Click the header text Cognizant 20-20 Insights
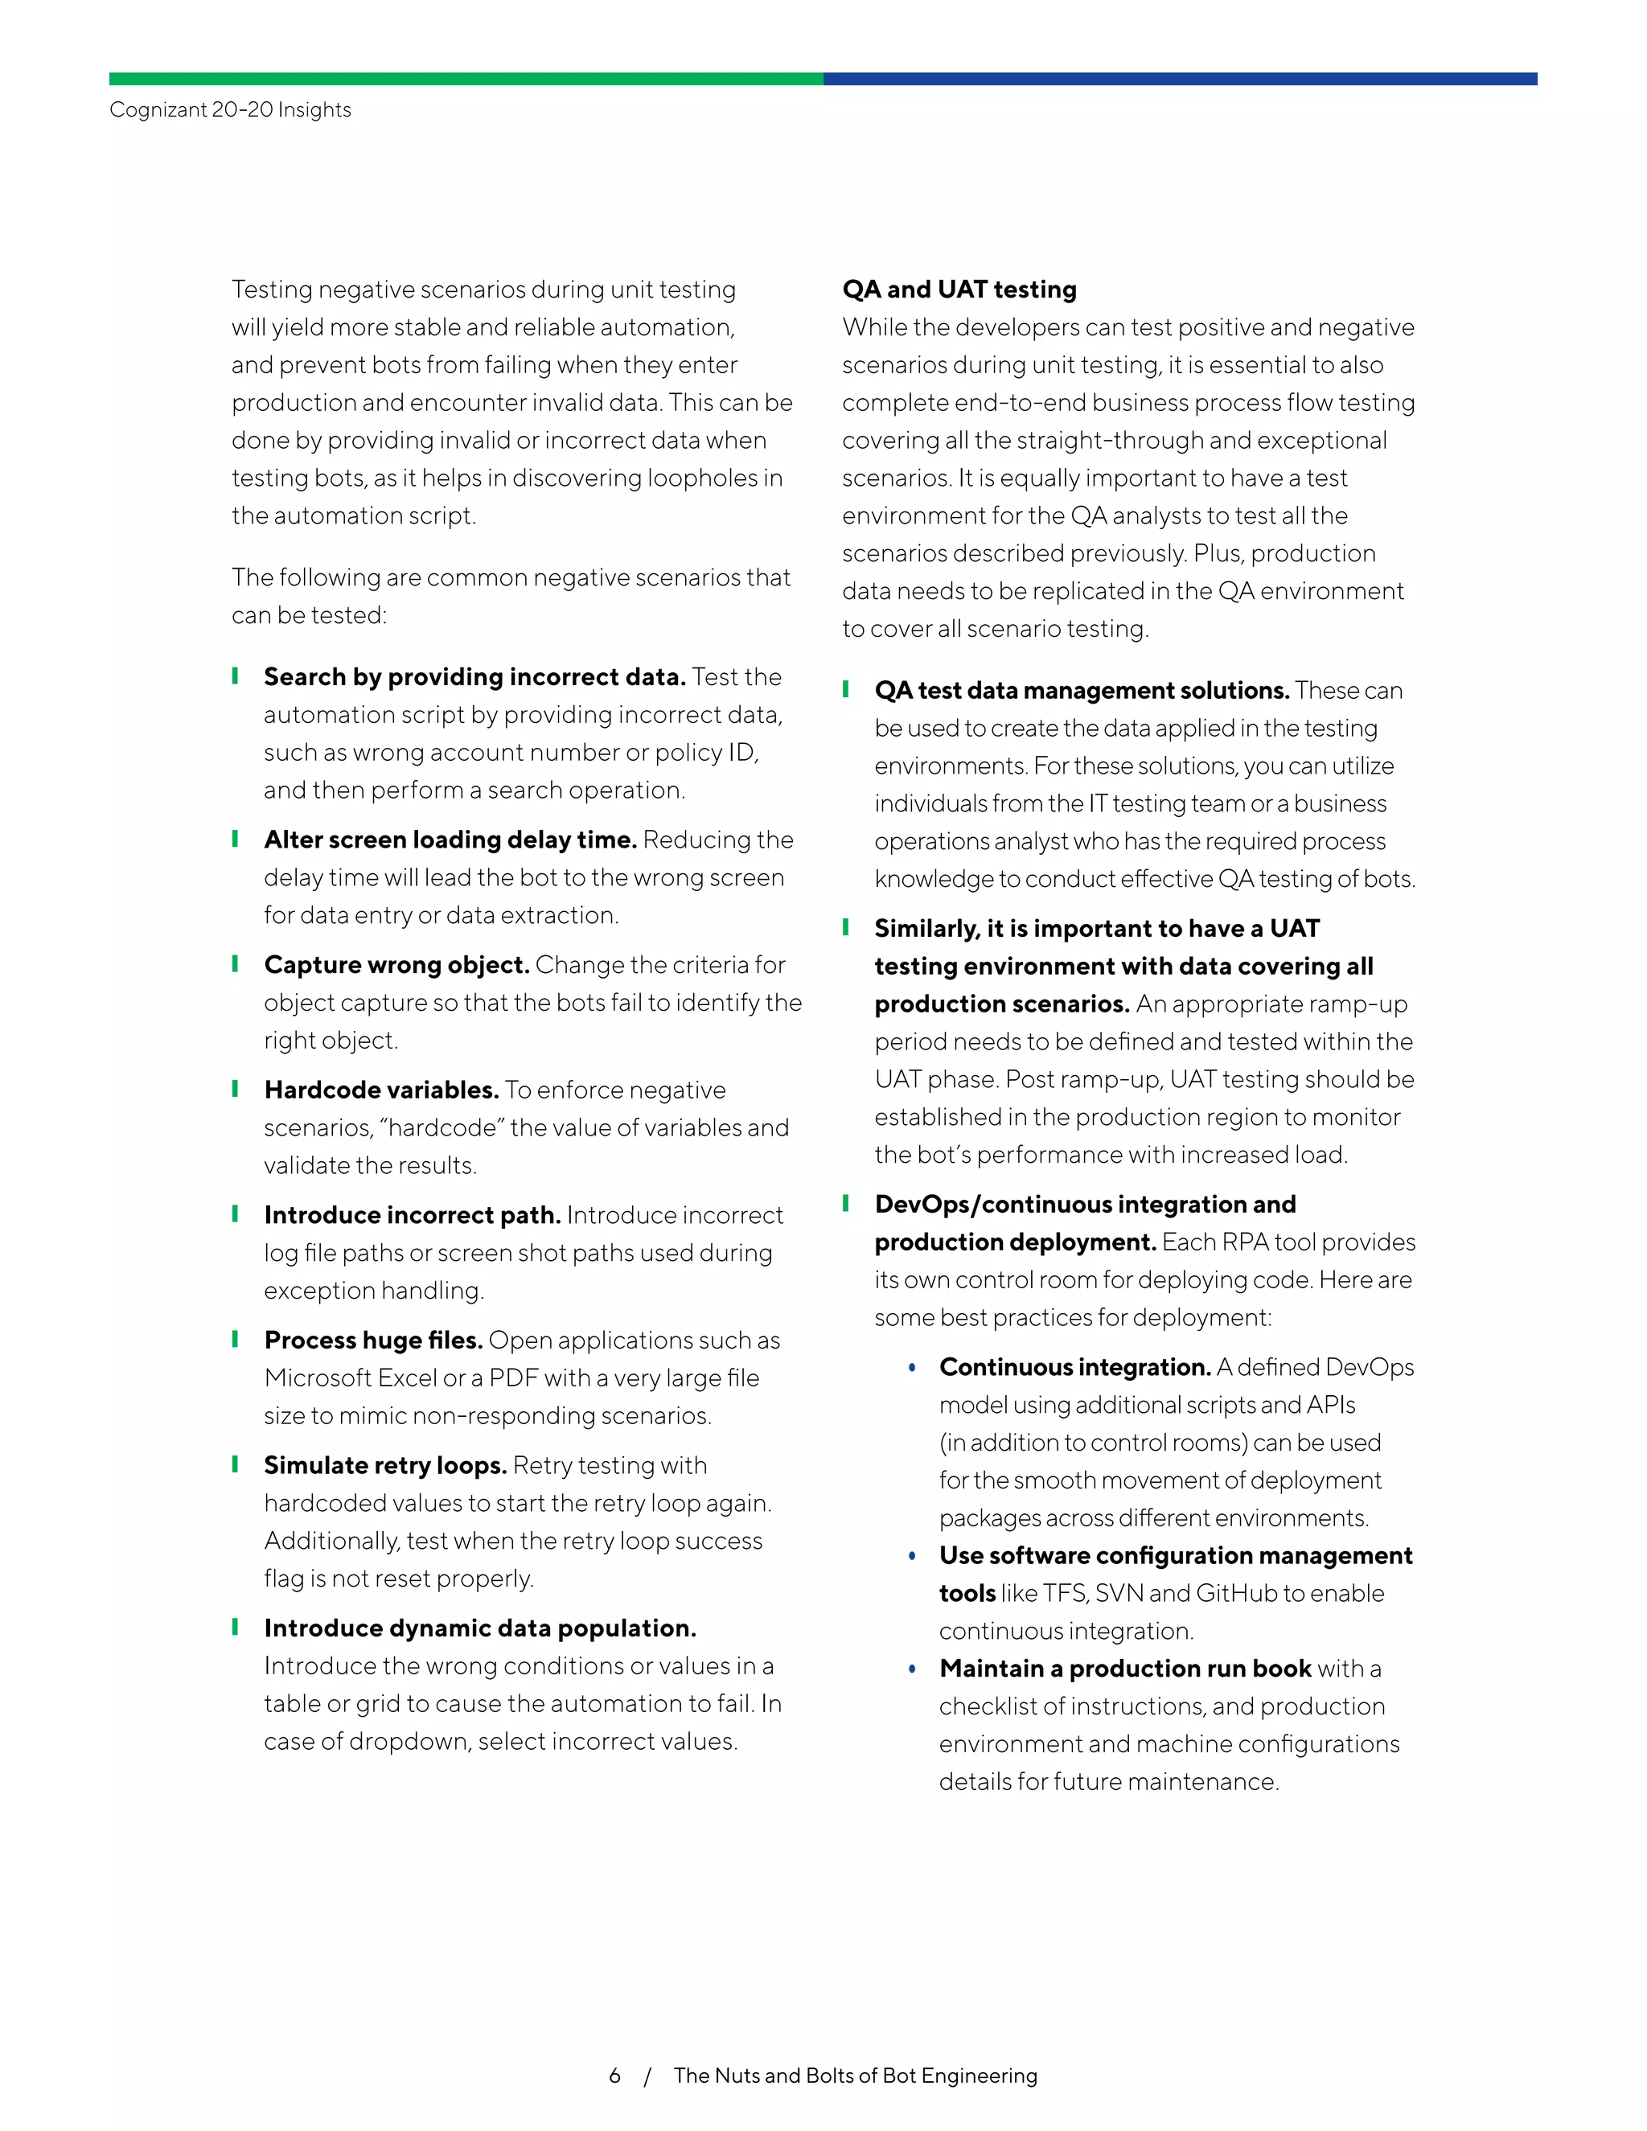coord(230,109)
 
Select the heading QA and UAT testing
coord(959,289)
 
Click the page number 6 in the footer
coord(614,2076)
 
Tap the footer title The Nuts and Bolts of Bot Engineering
coord(855,2076)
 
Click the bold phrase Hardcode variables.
coord(380,1089)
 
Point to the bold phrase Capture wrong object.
coord(396,964)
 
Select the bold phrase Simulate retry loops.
coord(384,1464)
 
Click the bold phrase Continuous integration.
coord(1074,1366)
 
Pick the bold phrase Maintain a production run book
coord(1125,1668)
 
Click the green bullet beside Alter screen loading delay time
coord(235,839)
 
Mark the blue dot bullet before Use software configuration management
coord(912,1556)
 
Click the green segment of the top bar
coord(466,78)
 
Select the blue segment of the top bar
coord(1180,78)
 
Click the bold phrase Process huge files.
coord(372,1340)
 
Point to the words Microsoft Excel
coord(351,1378)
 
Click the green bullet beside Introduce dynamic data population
coord(235,1627)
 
